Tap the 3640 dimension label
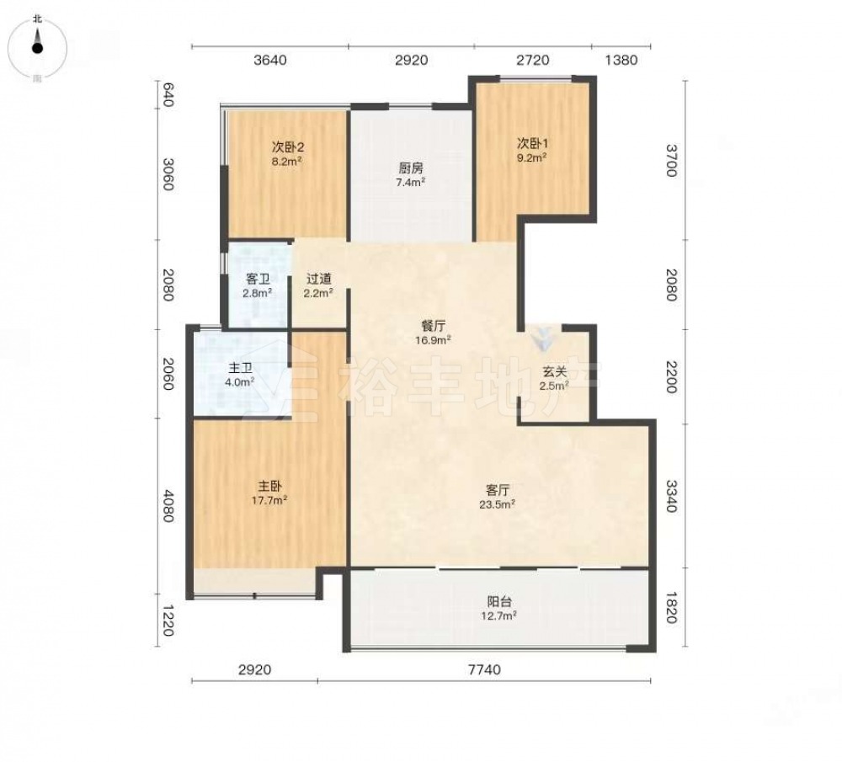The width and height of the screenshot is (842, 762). click(270, 60)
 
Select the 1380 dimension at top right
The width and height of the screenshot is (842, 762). click(621, 60)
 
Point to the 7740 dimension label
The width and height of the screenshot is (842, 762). click(484, 669)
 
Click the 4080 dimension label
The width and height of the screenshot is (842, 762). click(168, 505)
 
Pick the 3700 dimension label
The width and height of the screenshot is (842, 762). click(671, 160)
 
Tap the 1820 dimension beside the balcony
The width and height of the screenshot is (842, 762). click(671, 608)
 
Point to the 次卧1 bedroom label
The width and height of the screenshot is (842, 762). click(532, 143)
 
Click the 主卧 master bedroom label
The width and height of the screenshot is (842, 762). click(269, 487)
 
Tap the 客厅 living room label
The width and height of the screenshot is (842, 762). click(498, 490)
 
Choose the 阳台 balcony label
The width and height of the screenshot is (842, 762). click(498, 601)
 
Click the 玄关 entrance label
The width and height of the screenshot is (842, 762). click(554, 371)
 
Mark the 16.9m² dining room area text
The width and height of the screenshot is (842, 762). click(432, 340)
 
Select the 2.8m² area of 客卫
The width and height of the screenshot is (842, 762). click(257, 293)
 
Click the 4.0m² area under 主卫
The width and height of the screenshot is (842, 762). click(239, 382)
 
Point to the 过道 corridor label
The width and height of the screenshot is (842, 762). click(318, 279)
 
